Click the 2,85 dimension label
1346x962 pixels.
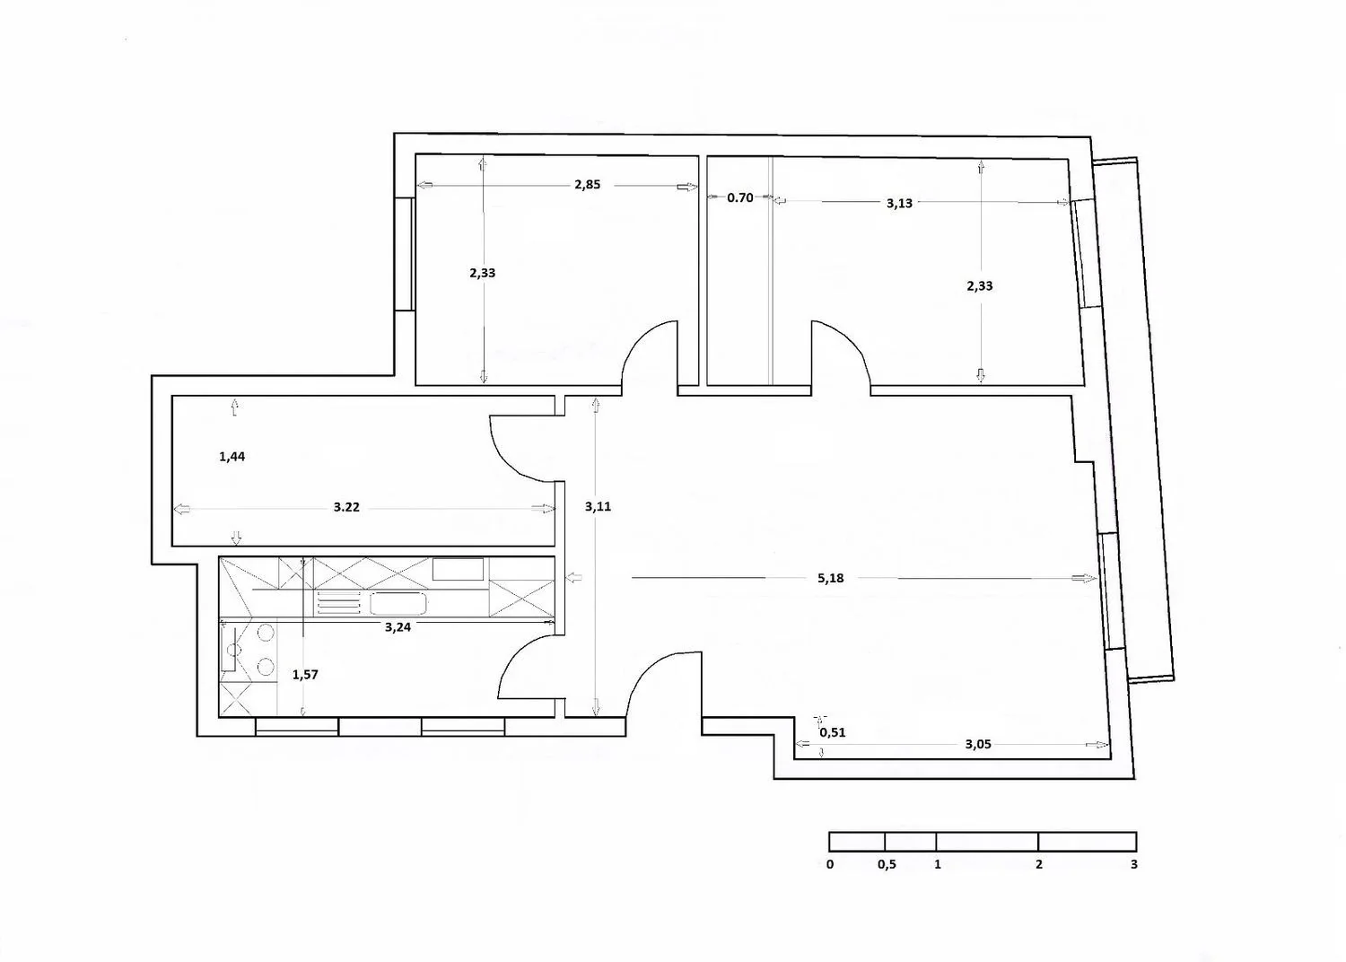pos(587,185)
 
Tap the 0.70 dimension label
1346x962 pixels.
pos(739,197)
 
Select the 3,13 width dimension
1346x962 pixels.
pos(899,203)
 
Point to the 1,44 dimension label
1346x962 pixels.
pos(232,457)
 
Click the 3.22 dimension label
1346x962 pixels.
pos(346,507)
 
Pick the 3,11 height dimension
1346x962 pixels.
pos(598,506)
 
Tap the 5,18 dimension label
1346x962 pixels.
pos(830,578)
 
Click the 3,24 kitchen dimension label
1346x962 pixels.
pos(398,627)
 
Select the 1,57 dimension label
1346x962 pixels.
pos(305,675)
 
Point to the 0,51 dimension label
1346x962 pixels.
pos(832,732)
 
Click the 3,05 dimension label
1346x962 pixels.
pos(978,745)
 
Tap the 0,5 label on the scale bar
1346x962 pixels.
pos(887,865)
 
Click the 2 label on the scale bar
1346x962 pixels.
pos(1039,865)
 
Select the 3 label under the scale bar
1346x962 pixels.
pos(1134,865)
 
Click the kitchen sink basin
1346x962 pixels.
pos(398,603)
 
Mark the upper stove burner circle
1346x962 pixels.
pos(266,632)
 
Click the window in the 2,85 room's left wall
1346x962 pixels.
pos(404,254)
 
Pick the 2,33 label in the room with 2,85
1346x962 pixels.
pos(483,273)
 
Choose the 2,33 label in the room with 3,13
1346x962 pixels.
pos(980,286)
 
